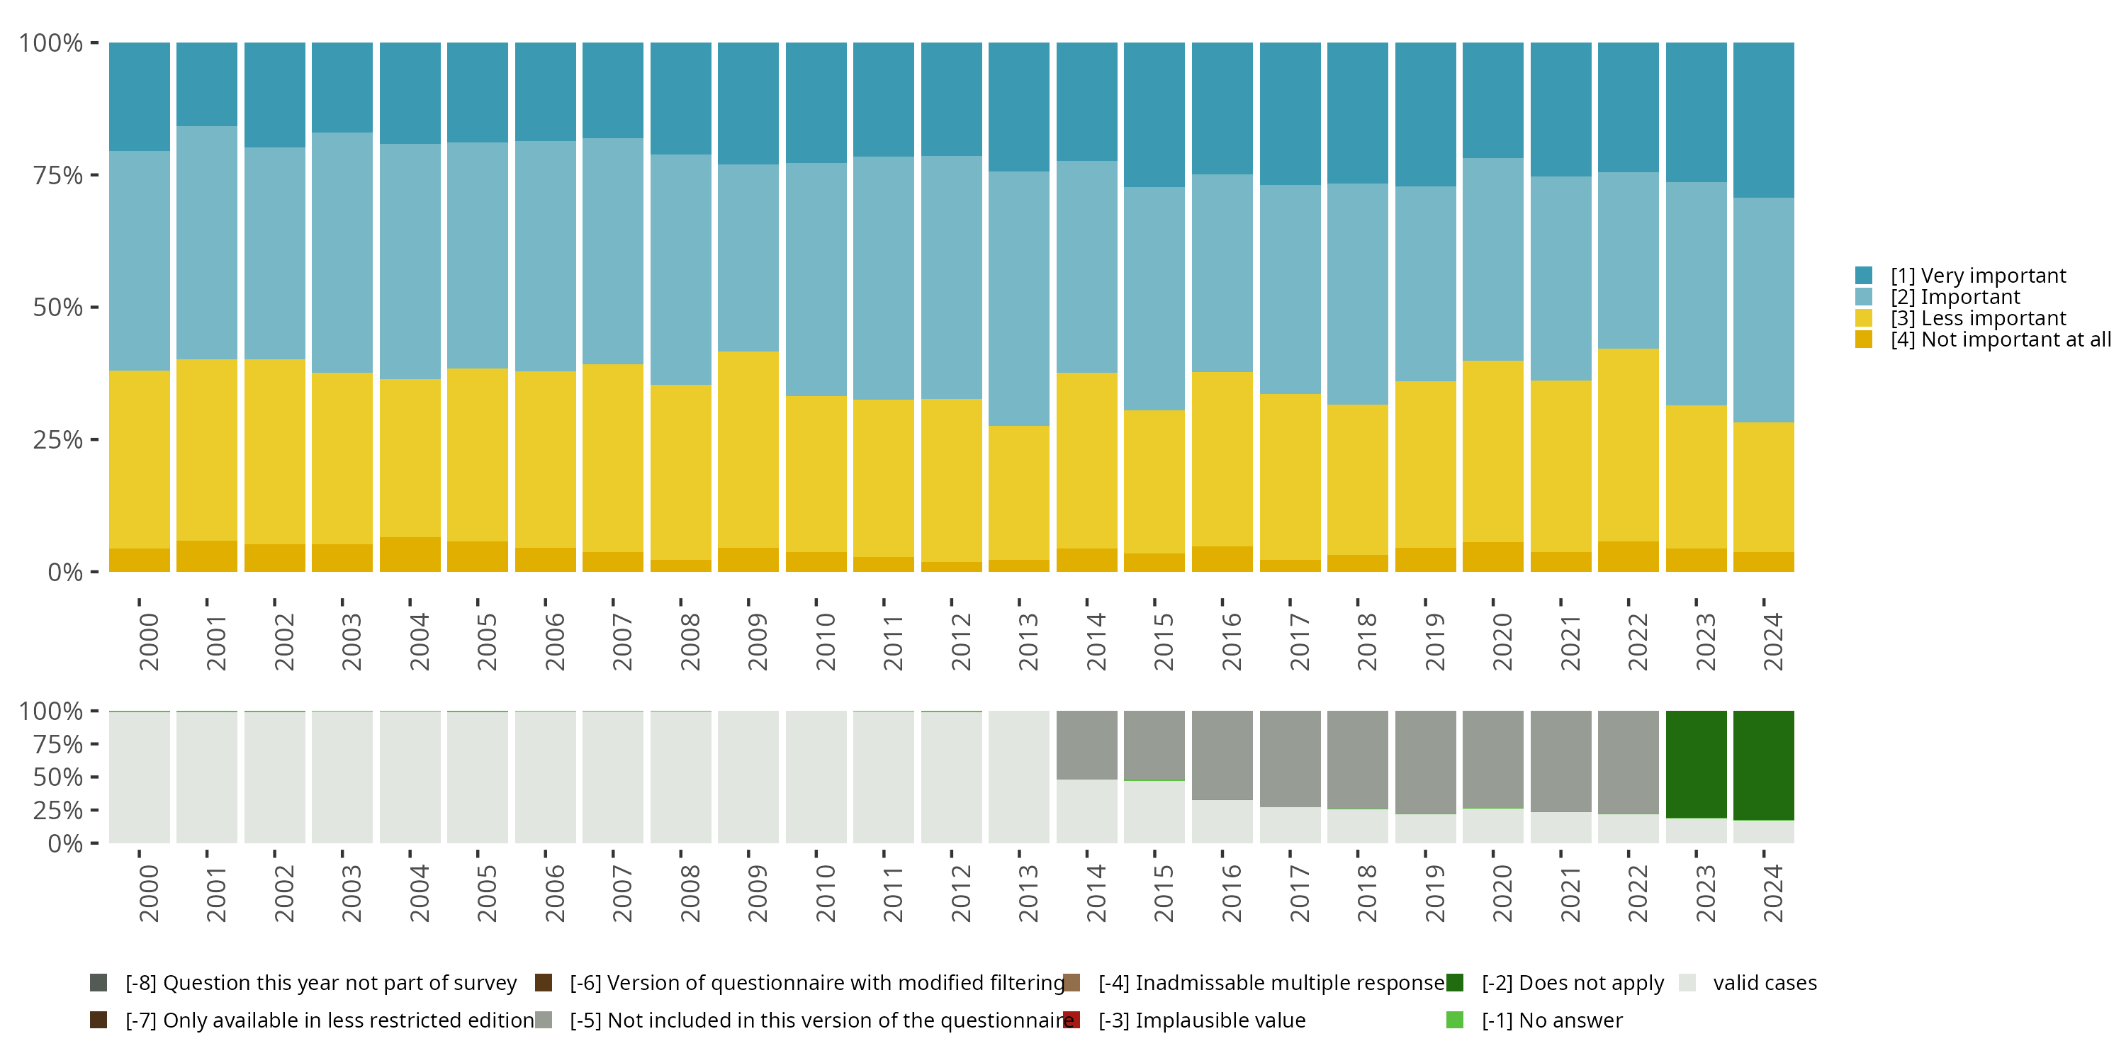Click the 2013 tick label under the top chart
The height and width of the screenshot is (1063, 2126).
[x=1028, y=642]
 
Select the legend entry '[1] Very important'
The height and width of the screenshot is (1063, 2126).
[x=1977, y=276]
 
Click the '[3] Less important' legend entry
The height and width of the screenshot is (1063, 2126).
[x=1977, y=319]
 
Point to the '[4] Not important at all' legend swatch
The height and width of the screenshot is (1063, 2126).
[x=1864, y=340]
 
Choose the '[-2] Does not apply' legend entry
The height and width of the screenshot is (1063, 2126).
[x=1573, y=983]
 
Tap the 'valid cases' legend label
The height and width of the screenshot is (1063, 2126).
[x=1765, y=983]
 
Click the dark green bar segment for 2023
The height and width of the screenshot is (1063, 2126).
[x=1696, y=764]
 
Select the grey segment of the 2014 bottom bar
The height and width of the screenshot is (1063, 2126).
[x=1087, y=744]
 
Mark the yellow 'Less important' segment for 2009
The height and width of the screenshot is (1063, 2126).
[x=748, y=450]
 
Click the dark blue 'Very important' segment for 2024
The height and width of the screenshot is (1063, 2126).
[x=1764, y=120]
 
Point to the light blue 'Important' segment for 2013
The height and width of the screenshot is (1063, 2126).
[x=1019, y=299]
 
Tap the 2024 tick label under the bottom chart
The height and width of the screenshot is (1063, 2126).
[x=1772, y=894]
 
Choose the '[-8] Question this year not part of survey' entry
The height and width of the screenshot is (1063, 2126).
[x=320, y=983]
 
